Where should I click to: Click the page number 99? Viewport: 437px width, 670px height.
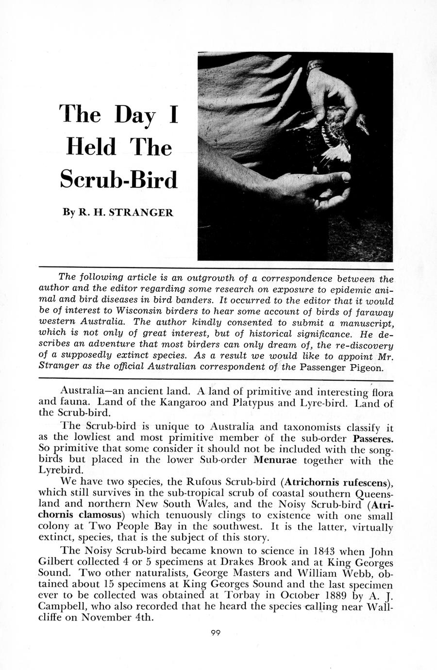216,632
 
